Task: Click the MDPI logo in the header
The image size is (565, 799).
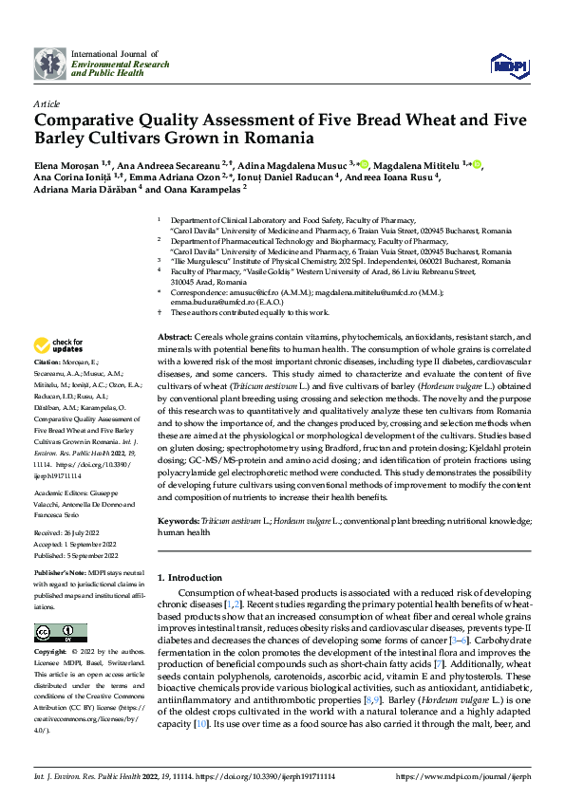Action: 508,64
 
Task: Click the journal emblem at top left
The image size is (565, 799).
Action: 49,64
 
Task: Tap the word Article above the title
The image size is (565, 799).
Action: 47,103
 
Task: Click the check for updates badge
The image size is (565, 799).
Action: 58,345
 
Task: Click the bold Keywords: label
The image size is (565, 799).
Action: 179,522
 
